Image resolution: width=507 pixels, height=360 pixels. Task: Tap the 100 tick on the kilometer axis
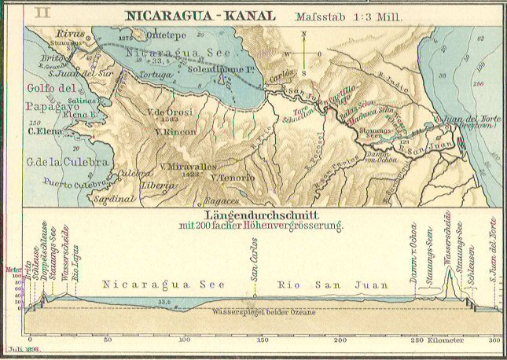pos(185,340)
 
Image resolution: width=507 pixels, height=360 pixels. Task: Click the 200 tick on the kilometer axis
pos(340,340)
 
